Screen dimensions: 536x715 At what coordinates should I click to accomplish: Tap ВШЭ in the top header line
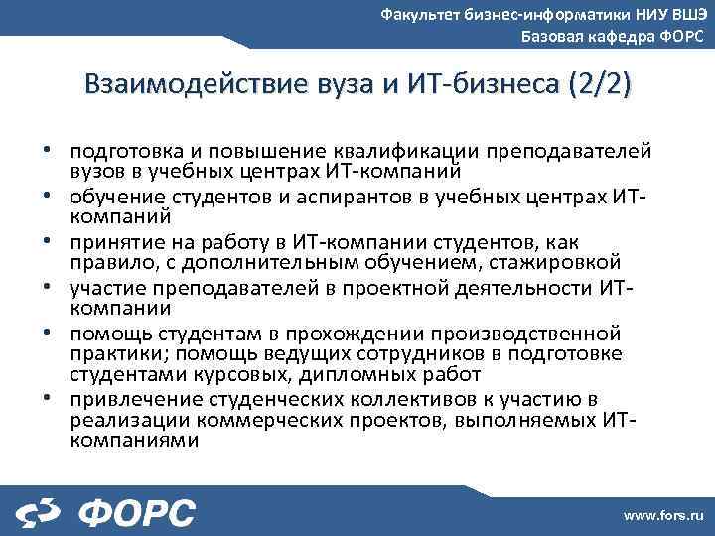coord(684,14)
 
